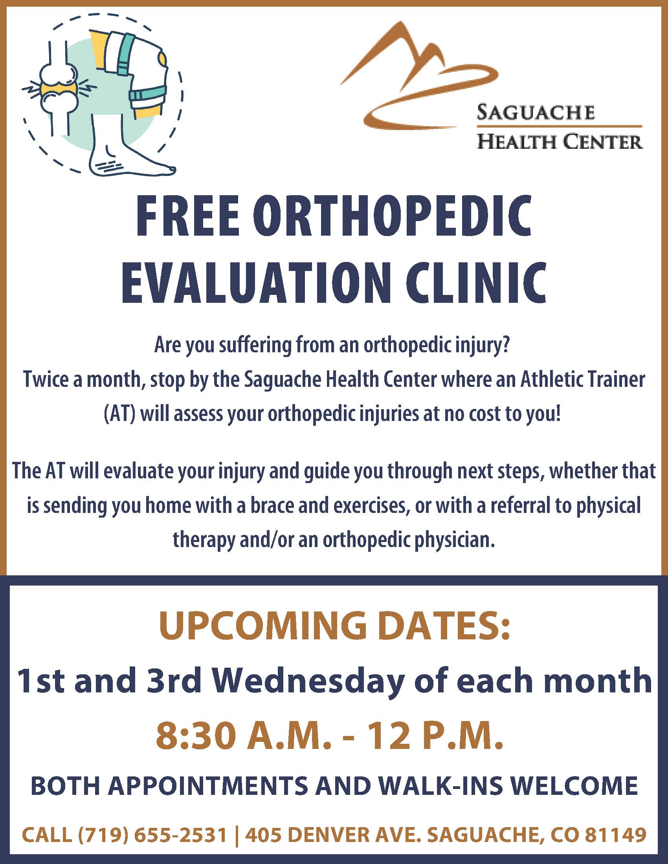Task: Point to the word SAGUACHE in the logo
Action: click(535, 113)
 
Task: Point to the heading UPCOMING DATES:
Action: click(334, 627)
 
